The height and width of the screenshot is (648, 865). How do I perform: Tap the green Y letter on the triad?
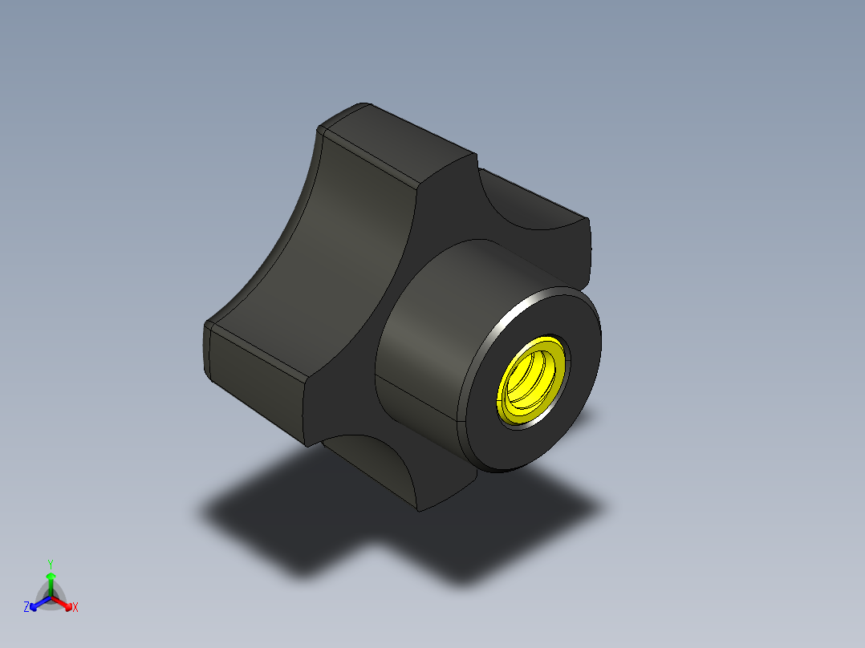pyautogui.click(x=50, y=563)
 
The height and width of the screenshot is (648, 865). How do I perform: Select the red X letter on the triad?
pyautogui.click(x=75, y=608)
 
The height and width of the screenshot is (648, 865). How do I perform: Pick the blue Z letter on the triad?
pyautogui.click(x=26, y=607)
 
